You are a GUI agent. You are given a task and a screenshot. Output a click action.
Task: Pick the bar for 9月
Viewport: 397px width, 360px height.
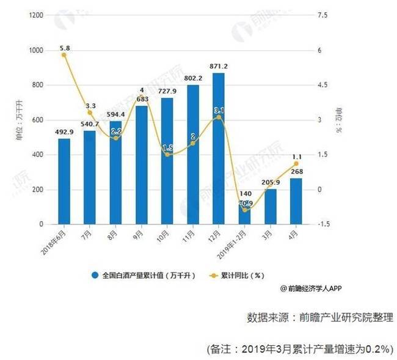[x=141, y=165]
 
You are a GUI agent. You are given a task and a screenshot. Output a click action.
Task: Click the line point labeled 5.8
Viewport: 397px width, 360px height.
[x=64, y=55]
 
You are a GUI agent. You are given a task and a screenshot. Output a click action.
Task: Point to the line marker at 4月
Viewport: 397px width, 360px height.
[x=296, y=164]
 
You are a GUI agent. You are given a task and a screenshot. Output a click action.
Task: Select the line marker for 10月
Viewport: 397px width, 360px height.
[x=167, y=155]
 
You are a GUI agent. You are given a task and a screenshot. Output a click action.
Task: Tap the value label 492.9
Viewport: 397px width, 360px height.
[x=64, y=131]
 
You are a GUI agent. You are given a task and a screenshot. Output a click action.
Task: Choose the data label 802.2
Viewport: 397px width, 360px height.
[x=193, y=78]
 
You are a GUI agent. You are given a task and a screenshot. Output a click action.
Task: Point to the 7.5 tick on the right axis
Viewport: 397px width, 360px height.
[x=324, y=15]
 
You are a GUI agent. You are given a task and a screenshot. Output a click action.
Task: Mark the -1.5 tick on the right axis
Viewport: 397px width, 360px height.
[x=323, y=224]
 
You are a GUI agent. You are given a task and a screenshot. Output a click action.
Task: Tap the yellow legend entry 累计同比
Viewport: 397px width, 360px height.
[x=240, y=276]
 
